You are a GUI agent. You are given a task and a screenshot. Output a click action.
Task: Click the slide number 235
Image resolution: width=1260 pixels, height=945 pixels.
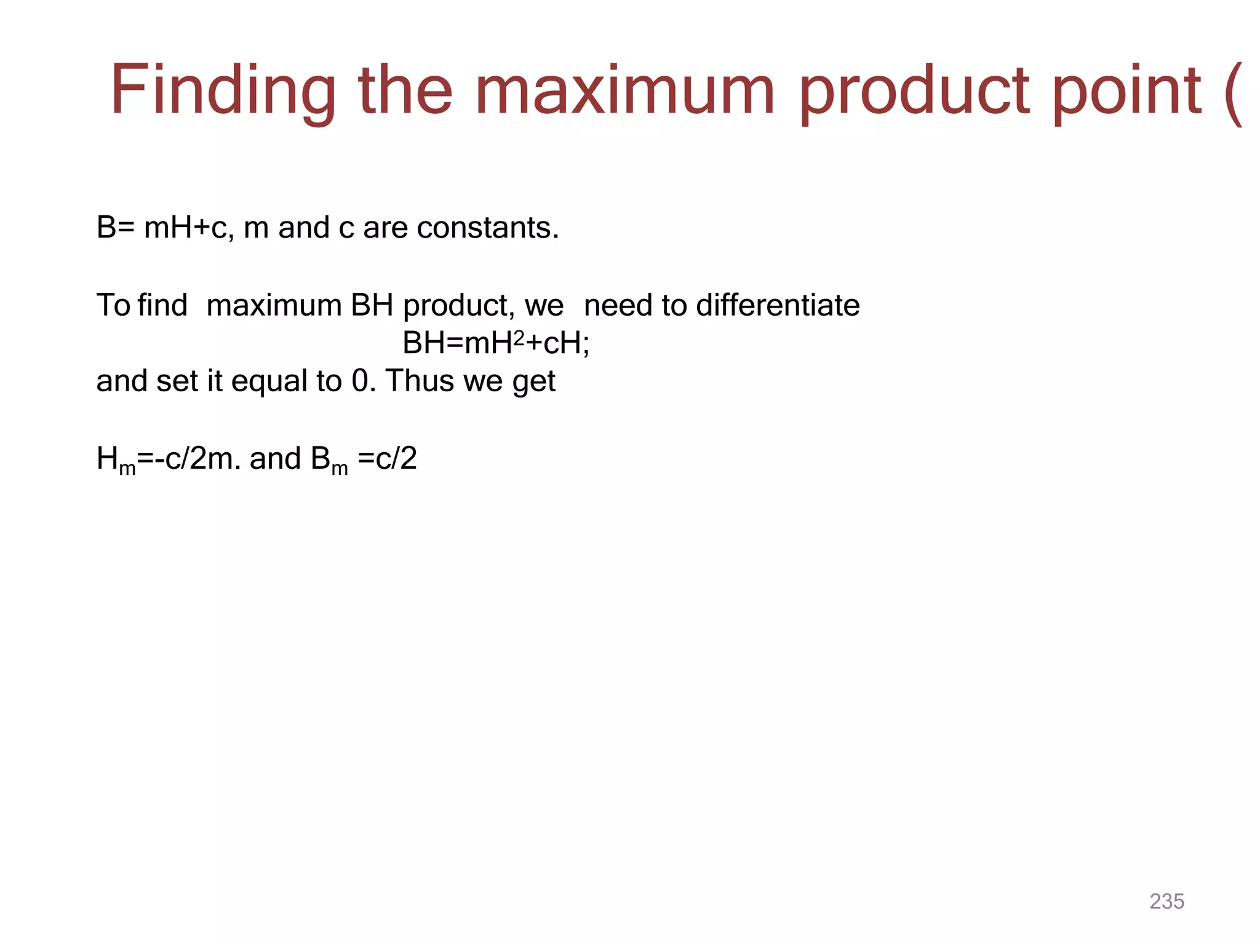[x=1166, y=901]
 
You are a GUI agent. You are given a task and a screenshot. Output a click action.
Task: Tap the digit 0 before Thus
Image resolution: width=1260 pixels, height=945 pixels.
[x=360, y=381]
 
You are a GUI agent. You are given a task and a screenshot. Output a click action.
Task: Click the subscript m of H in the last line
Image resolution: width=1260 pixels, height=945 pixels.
[x=127, y=469]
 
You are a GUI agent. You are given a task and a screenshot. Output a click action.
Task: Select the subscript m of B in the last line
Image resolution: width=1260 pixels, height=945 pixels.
[x=340, y=469]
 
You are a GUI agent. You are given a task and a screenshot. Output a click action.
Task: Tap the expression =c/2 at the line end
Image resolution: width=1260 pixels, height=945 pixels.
[x=387, y=459]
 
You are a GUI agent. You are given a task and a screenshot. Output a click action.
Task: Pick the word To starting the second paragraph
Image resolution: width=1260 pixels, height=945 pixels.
[x=113, y=305]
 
